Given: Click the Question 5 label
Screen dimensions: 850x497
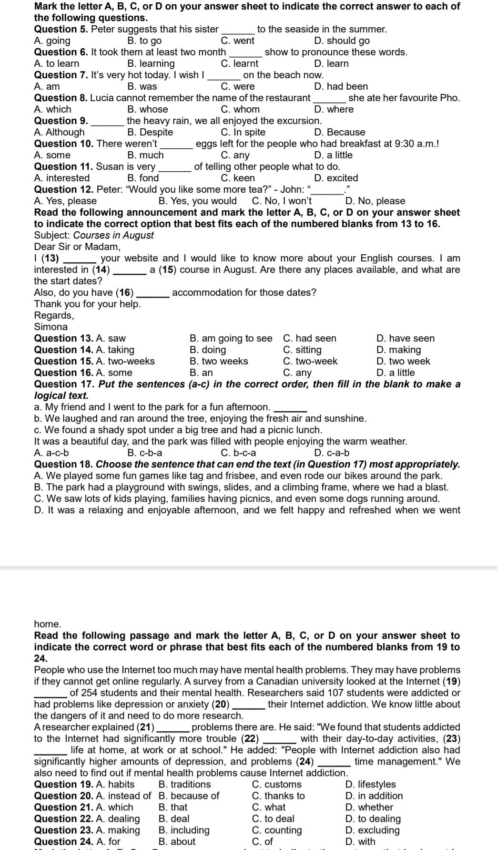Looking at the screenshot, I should [61, 30].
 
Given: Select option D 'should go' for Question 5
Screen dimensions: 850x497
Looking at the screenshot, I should [342, 41].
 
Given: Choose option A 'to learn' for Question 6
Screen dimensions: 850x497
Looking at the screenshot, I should [57, 64].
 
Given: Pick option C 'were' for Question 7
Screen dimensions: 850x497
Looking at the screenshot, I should [238, 87].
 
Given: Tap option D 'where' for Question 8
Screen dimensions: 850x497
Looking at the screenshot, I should [334, 110].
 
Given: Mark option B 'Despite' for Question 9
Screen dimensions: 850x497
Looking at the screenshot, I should [150, 133].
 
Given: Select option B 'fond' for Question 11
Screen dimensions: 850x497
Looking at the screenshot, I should [143, 178].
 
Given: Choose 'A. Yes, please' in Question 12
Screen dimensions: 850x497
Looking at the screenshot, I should [65, 201].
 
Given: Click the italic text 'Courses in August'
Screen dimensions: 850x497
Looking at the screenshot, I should [113, 236].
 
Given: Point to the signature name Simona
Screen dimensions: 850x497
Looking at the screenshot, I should [51, 327].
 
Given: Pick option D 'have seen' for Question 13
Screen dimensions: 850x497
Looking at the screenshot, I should [405, 339].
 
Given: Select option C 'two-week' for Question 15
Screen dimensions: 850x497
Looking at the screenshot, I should [310, 362].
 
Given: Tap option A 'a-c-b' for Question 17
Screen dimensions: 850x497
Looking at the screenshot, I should [51, 453].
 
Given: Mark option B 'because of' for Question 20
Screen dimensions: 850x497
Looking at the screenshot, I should [189, 796].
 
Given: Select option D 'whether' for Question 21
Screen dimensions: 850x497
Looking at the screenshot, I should [369, 808].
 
